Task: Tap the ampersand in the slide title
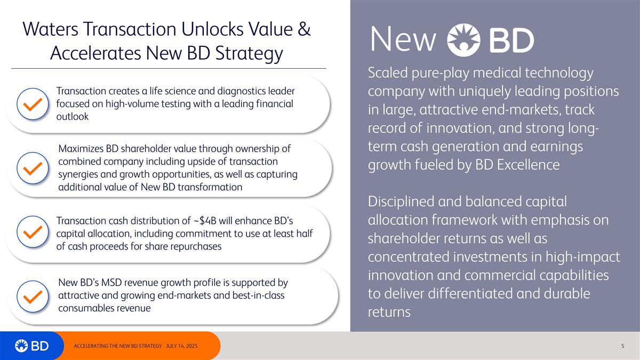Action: click(x=303, y=30)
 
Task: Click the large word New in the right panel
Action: click(x=403, y=39)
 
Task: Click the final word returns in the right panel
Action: click(x=389, y=312)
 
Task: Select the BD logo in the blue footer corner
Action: click(x=32, y=346)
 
